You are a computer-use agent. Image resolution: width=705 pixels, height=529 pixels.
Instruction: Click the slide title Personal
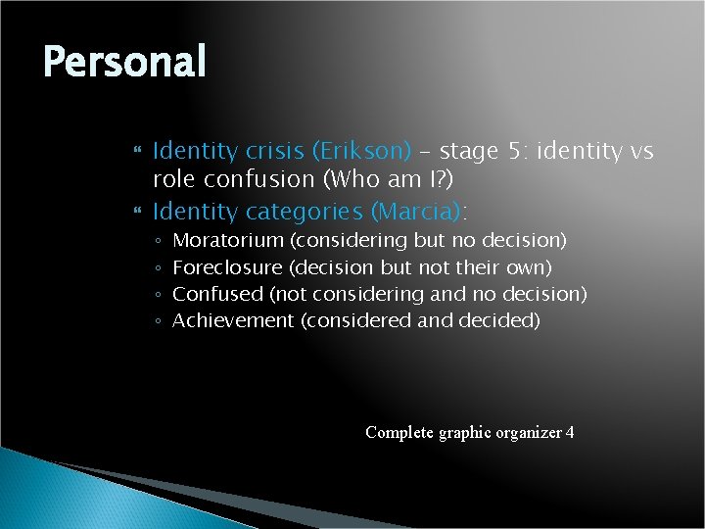(x=124, y=63)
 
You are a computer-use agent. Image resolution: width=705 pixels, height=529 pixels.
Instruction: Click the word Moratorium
(x=227, y=240)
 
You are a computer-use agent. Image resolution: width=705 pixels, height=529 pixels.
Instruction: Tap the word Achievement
(x=232, y=320)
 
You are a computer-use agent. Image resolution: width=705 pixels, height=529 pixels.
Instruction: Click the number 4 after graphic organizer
(x=570, y=432)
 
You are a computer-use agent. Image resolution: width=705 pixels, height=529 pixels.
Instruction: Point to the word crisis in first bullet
(x=275, y=152)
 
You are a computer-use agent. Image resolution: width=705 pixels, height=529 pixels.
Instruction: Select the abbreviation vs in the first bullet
(x=642, y=152)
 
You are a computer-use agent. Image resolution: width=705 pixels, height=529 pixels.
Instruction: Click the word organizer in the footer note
(x=529, y=432)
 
